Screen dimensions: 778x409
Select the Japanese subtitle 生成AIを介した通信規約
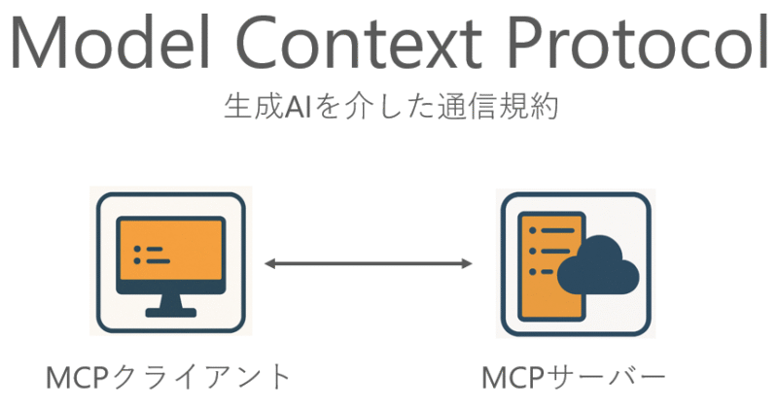pos(392,106)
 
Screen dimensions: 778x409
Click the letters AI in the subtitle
pos(298,107)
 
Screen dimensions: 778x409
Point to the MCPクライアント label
pos(168,377)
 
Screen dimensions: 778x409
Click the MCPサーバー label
pos(574,378)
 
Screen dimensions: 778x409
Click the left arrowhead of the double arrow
pos(269,263)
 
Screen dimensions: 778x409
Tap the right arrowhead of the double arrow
pos(467,263)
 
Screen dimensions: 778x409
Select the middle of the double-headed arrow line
pos(369,263)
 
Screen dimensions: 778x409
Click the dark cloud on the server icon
pos(598,265)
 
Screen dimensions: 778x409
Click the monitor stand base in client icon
pos(171,313)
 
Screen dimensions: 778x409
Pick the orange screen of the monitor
pos(171,251)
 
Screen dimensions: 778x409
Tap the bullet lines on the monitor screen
pos(152,255)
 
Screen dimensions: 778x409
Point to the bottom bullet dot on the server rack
pos(533,272)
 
